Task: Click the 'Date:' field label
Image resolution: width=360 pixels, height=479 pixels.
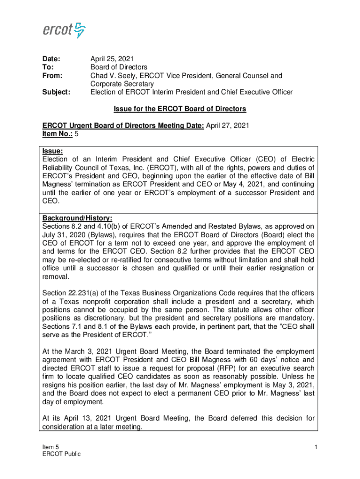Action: point(51,59)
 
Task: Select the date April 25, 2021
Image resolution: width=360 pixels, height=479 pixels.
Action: point(112,59)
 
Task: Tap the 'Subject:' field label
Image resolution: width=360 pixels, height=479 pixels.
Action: point(57,92)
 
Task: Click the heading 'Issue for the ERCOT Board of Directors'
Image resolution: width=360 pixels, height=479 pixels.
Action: point(180,109)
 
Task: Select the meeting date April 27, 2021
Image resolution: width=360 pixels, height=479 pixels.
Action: point(228,125)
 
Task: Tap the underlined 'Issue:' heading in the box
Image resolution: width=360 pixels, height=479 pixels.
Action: point(52,151)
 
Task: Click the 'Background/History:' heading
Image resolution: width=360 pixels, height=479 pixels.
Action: point(77,218)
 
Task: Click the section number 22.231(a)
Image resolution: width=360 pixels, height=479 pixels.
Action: point(87,293)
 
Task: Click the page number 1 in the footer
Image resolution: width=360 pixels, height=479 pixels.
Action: point(316,448)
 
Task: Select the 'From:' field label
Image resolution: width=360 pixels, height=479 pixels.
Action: point(52,75)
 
